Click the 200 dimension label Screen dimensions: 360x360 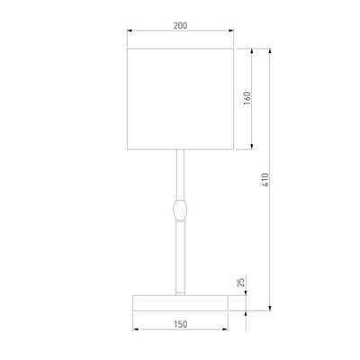pos(180,25)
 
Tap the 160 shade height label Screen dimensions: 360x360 pos(247,98)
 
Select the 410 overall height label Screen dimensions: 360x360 pos(265,180)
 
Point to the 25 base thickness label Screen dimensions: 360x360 pos(241,283)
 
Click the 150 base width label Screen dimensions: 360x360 pos(180,324)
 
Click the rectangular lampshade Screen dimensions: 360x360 pos(180,99)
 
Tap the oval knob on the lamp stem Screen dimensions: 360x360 pos(180,210)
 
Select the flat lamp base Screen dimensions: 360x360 pos(180,303)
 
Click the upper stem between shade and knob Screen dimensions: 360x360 pos(180,175)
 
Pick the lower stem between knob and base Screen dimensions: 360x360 pos(180,256)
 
